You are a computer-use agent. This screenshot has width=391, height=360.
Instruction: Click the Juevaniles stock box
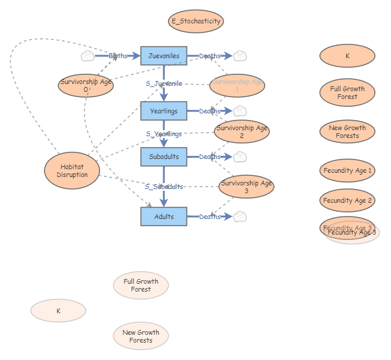click(164, 56)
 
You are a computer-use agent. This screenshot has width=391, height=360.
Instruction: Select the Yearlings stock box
click(164, 111)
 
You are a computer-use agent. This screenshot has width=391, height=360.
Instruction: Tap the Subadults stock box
click(164, 157)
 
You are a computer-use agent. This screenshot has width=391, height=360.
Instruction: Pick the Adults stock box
click(164, 217)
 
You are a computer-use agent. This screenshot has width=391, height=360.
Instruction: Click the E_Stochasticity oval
click(196, 21)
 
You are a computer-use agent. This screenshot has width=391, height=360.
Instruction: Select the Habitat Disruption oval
click(72, 170)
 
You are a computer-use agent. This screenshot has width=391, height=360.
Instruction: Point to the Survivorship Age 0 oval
click(86, 85)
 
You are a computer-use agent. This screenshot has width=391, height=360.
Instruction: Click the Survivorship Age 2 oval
click(242, 131)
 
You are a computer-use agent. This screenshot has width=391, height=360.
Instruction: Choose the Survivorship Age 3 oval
click(246, 187)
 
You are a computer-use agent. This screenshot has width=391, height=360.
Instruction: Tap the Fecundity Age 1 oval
click(347, 170)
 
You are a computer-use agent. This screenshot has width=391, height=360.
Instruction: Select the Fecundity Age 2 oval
click(347, 200)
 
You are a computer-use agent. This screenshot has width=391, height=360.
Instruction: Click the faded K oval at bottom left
click(58, 311)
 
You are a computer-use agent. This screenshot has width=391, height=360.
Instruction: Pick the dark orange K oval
click(347, 56)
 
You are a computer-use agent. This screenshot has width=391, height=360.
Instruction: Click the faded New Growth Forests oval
click(141, 336)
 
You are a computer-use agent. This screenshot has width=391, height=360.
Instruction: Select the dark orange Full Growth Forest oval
click(347, 92)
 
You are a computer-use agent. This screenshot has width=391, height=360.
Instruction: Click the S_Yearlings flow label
click(164, 134)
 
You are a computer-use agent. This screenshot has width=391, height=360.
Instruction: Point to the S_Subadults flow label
click(164, 187)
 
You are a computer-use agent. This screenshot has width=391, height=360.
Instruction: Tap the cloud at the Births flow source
click(88, 56)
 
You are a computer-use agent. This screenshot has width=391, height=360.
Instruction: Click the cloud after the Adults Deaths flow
click(240, 217)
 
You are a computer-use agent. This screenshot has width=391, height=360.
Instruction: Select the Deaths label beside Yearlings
click(210, 111)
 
